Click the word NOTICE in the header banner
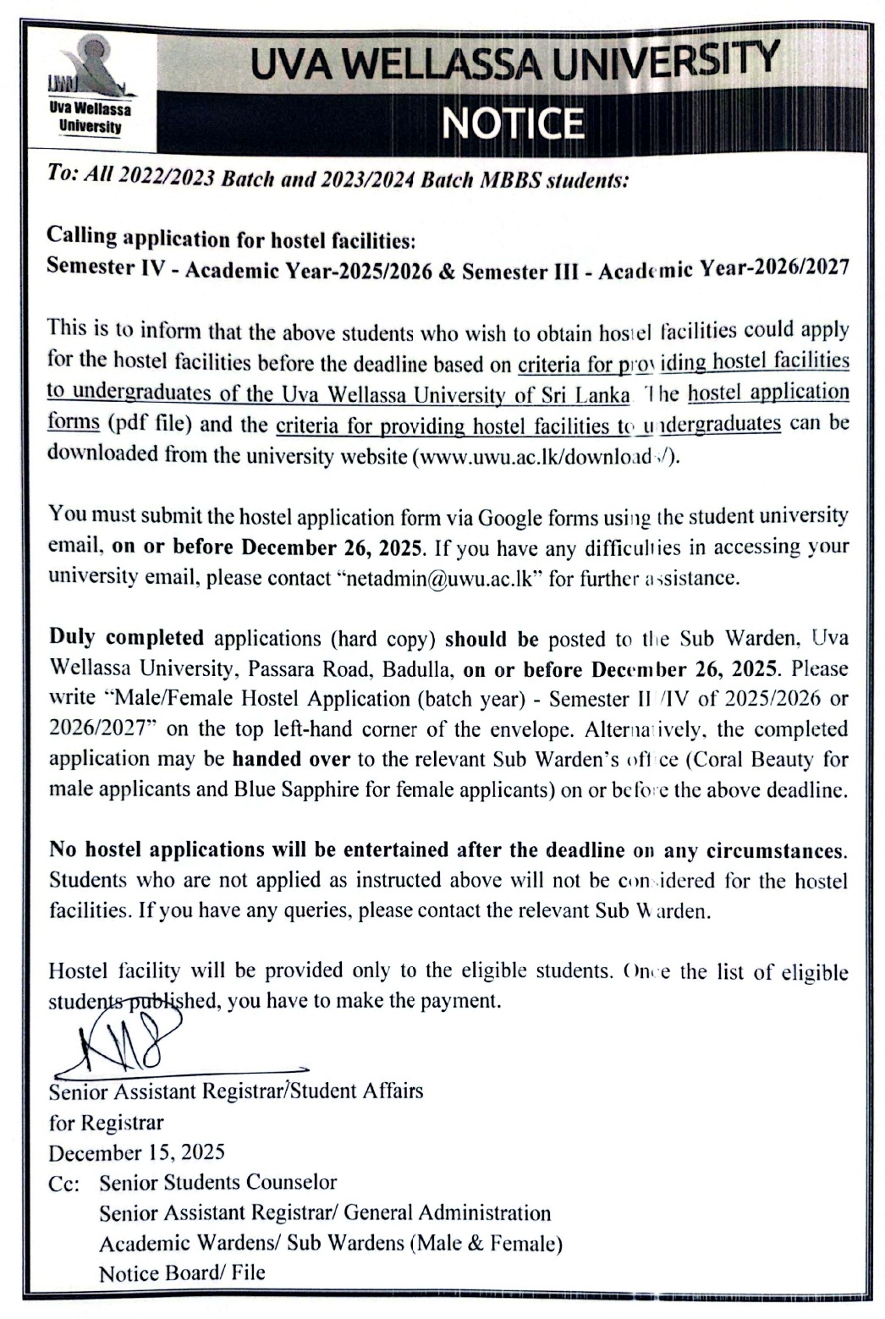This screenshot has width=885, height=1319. coord(512,124)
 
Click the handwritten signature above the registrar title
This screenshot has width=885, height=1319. coord(127,1041)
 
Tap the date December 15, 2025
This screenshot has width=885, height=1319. coord(136,1152)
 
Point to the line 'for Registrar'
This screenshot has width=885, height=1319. coord(106,1123)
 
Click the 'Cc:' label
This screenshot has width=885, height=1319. coord(63,1184)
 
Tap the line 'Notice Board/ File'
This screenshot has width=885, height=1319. coord(182,1272)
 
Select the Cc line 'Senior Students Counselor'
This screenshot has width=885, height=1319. coord(217,1182)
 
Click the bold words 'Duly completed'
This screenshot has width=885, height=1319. coord(126,637)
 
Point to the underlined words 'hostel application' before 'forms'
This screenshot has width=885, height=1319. coord(768,393)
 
